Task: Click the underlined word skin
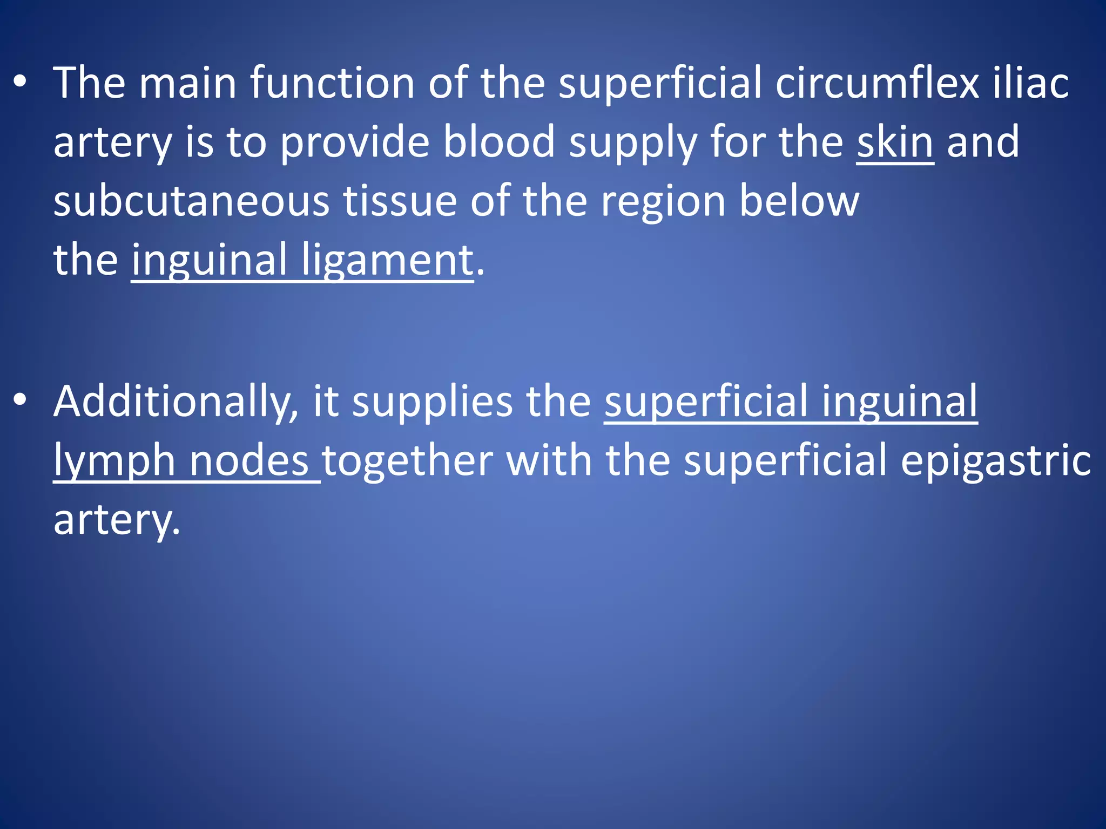click(895, 142)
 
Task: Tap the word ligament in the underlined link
click(387, 260)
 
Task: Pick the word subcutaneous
click(191, 201)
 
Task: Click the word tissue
click(400, 201)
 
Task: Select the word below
click(799, 201)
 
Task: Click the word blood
click(499, 142)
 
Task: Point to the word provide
click(355, 142)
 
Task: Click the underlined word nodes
click(249, 461)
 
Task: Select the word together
click(408, 461)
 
